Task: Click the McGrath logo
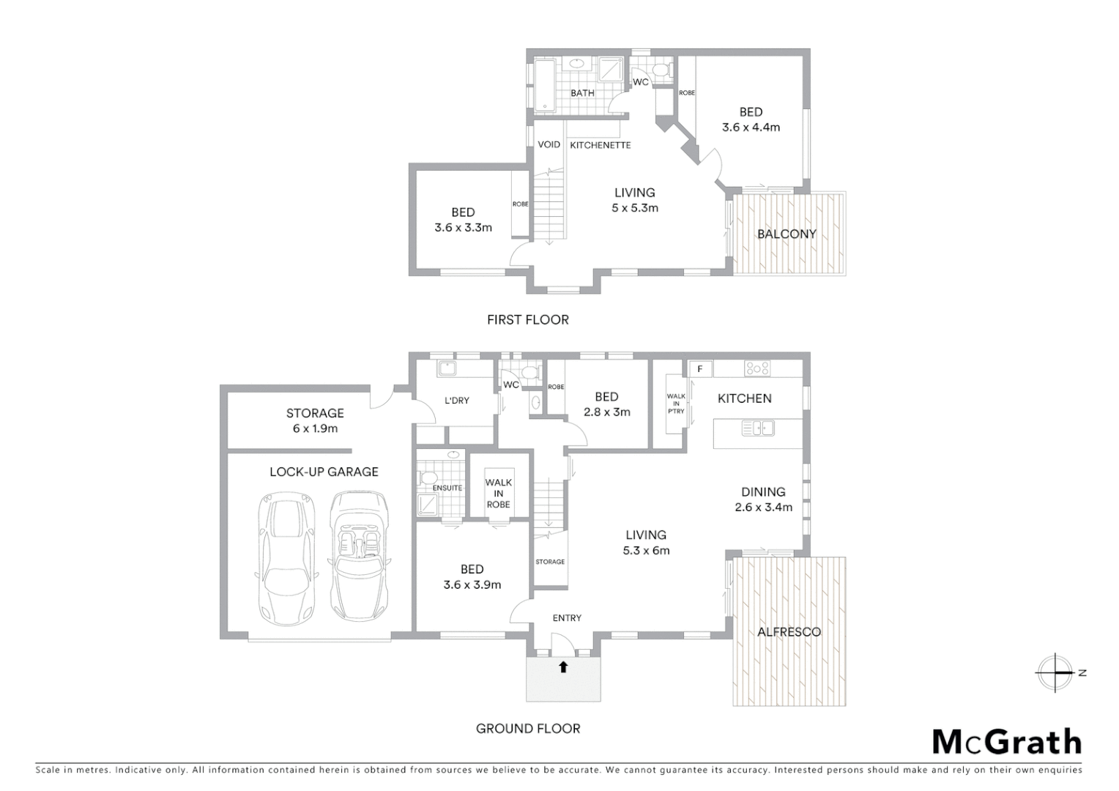(x=1006, y=742)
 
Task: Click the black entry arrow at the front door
(x=563, y=666)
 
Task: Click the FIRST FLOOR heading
(x=527, y=319)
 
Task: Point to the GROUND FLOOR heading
(x=527, y=728)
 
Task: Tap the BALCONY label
(x=786, y=234)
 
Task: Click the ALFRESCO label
(x=789, y=631)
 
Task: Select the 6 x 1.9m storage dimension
(x=315, y=428)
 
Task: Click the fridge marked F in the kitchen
(x=700, y=369)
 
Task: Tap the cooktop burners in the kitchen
(x=756, y=369)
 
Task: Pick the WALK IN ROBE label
(x=498, y=493)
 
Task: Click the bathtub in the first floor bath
(x=544, y=86)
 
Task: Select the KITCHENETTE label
(x=600, y=145)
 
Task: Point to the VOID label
(x=549, y=145)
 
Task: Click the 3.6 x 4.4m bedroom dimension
(x=751, y=127)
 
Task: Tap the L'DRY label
(x=457, y=401)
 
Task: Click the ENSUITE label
(x=447, y=488)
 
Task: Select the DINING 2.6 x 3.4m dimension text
(x=763, y=507)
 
